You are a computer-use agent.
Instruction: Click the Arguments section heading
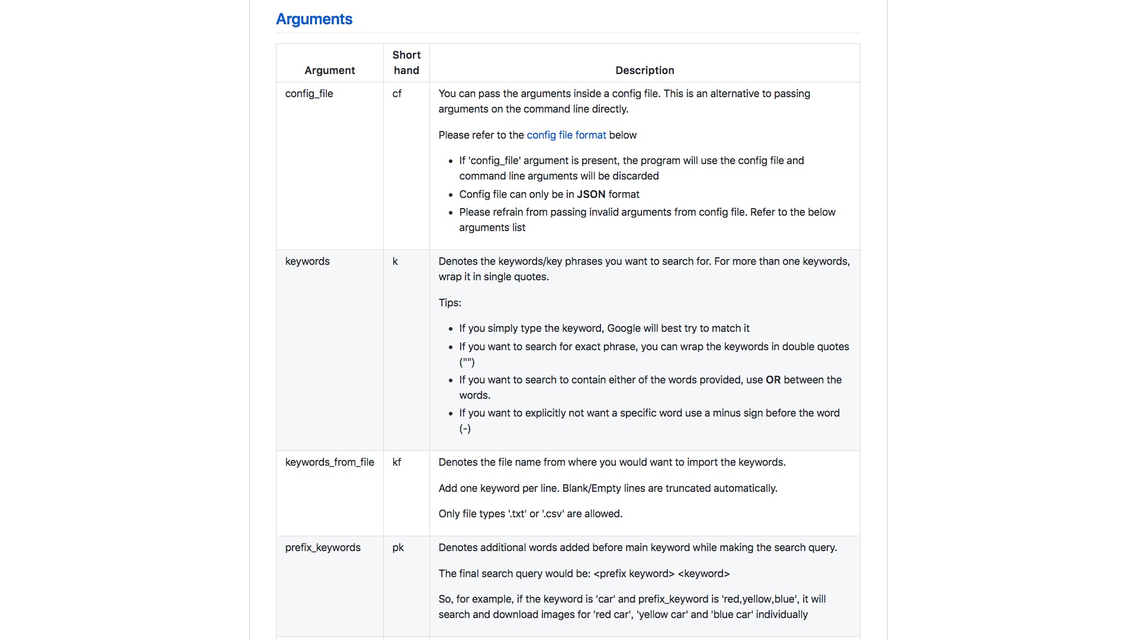(314, 19)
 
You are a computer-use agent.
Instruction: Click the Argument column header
(329, 71)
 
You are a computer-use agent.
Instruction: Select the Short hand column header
(406, 63)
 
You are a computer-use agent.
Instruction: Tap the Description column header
(644, 71)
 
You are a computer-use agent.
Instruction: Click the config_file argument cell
(309, 94)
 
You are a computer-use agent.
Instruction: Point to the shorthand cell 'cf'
(397, 94)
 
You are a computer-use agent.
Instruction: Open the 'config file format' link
(566, 135)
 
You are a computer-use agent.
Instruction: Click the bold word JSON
(591, 194)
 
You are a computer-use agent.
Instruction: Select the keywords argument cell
(307, 261)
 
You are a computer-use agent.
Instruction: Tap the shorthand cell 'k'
(395, 261)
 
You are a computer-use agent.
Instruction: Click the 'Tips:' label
(449, 303)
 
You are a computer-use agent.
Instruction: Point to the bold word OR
(773, 380)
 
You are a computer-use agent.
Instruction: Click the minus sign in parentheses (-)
(465, 428)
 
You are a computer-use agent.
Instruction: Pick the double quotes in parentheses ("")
(467, 362)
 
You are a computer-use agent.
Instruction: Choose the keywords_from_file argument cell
(329, 462)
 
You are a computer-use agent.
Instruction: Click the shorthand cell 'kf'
(397, 462)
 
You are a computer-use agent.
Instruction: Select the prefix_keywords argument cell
(323, 548)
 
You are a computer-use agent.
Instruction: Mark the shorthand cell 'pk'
(398, 548)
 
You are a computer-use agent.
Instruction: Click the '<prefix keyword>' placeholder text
(634, 574)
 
